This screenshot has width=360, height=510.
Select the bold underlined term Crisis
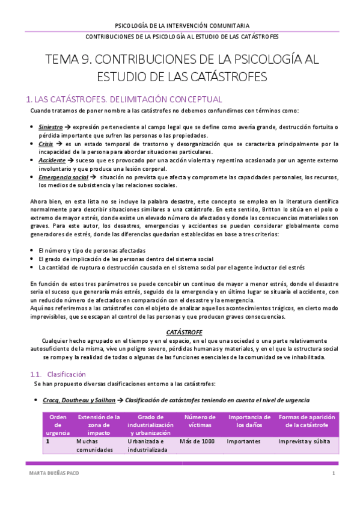click(46, 144)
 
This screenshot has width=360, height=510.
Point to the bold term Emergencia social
click(63, 177)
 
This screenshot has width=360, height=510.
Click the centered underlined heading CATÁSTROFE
click(184, 331)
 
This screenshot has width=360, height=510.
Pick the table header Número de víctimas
click(200, 420)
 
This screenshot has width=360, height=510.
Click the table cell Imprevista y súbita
click(305, 441)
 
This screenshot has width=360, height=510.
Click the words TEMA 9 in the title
click(69, 60)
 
